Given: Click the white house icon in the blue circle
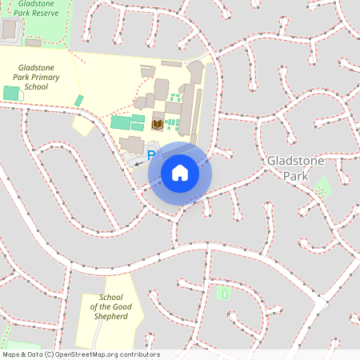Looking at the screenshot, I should click(180, 172).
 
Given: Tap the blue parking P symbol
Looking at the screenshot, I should click(151, 154).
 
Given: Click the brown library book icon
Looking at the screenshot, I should click(157, 123).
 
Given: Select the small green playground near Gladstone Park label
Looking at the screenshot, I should click(322, 190).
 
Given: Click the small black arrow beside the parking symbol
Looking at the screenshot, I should click(138, 162).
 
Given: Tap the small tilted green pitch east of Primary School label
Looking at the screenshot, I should click(78, 101).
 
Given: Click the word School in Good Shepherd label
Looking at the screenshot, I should click(111, 298).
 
